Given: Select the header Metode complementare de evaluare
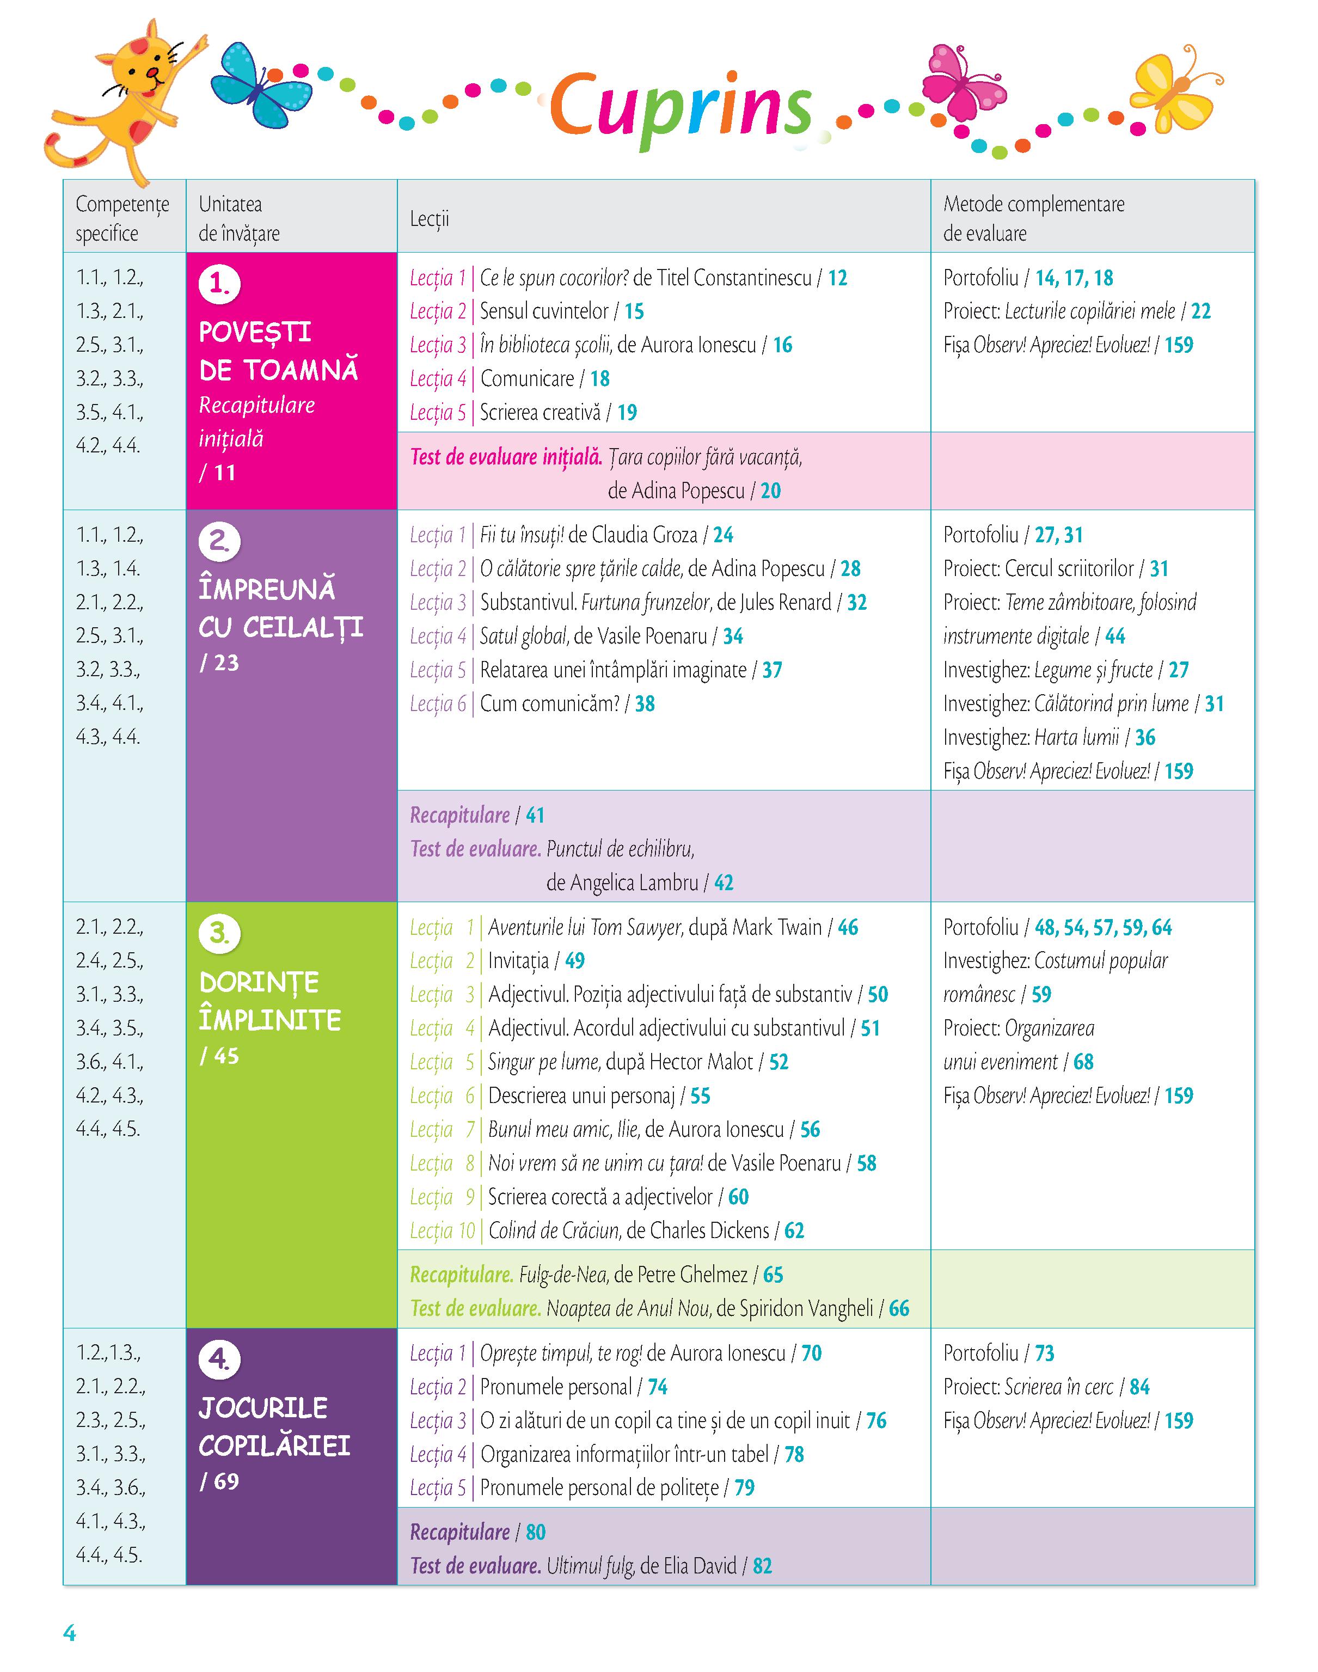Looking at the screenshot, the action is (1033, 218).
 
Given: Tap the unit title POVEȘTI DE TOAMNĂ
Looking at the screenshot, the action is (278, 351).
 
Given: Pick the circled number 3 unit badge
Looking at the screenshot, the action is (220, 934).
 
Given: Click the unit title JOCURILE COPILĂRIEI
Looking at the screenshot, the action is (274, 1426).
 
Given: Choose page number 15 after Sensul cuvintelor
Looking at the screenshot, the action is (634, 312).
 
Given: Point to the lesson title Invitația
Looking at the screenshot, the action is (519, 961).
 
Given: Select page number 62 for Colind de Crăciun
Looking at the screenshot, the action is (794, 1230).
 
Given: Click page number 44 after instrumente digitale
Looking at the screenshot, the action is (1115, 636).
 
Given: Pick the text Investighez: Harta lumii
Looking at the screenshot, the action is (1031, 738).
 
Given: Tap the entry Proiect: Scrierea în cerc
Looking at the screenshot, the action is (1028, 1387).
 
